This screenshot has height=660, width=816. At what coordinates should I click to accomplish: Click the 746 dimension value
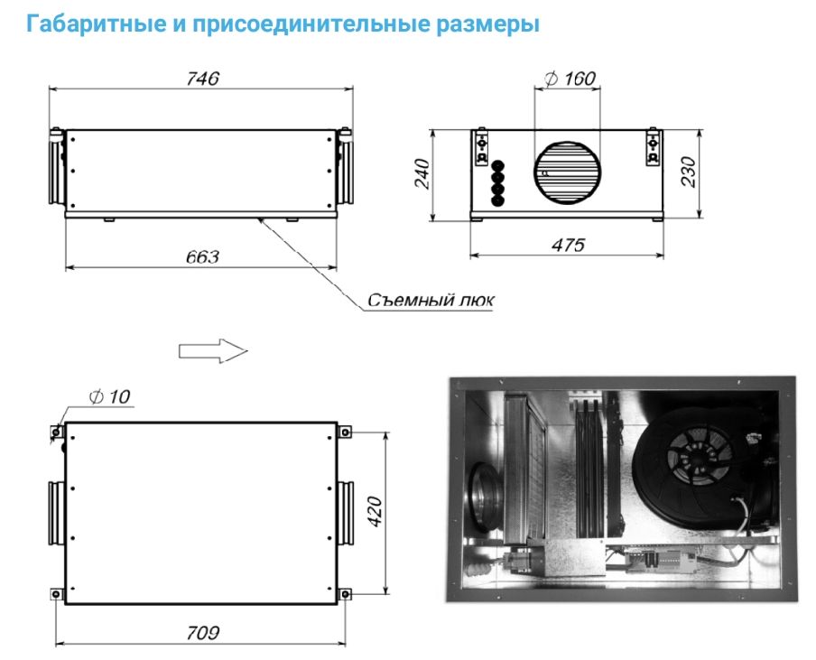pyautogui.click(x=202, y=79)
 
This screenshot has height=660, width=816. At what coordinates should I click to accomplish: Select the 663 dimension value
pyautogui.click(x=202, y=256)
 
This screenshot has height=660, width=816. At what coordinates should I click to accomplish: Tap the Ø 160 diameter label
pyautogui.click(x=570, y=79)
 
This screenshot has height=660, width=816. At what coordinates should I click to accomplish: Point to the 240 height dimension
pyautogui.click(x=422, y=174)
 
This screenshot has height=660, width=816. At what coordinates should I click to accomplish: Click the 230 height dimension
pyautogui.click(x=688, y=172)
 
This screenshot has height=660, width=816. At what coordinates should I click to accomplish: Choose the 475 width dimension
pyautogui.click(x=568, y=245)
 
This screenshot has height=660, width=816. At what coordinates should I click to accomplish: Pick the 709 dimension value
pyautogui.click(x=203, y=633)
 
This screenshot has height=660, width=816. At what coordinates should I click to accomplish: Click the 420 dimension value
pyautogui.click(x=375, y=512)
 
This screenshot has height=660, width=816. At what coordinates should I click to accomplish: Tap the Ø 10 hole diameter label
pyautogui.click(x=109, y=396)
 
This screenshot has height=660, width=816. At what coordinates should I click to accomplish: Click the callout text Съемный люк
pyautogui.click(x=431, y=301)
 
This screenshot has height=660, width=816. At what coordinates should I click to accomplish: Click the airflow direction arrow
pyautogui.click(x=213, y=351)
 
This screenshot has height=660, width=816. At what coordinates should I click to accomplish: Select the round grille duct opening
pyautogui.click(x=567, y=172)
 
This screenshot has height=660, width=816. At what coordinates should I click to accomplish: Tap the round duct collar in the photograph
pyautogui.click(x=485, y=497)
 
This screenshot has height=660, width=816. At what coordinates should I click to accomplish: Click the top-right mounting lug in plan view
pyautogui.click(x=344, y=432)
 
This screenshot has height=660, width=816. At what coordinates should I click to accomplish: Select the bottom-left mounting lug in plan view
pyautogui.click(x=56, y=594)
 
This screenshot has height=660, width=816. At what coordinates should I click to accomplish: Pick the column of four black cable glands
pyautogui.click(x=498, y=183)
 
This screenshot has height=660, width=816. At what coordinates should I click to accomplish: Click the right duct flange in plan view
pyautogui.click(x=345, y=513)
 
